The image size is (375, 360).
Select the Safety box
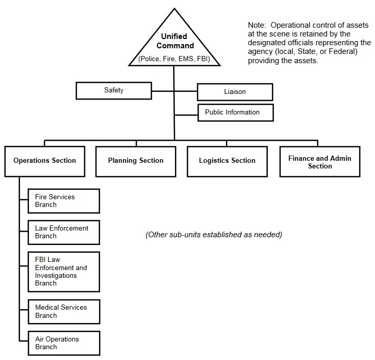(x=114, y=91)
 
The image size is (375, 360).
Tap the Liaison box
(x=235, y=92)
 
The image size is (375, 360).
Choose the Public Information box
(x=235, y=112)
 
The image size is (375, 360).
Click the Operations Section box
(x=45, y=162)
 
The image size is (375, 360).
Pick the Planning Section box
(x=136, y=162)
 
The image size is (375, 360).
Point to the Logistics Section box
(x=227, y=162)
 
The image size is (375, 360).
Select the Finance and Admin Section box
(x=320, y=162)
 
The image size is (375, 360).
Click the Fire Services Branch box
(x=64, y=201)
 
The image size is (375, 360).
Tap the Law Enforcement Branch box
(x=64, y=233)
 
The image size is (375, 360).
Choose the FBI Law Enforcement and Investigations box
(x=64, y=272)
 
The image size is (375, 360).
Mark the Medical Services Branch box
(x=64, y=312)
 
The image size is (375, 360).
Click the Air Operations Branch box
(x=64, y=343)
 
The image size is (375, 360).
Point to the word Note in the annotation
(x=257, y=25)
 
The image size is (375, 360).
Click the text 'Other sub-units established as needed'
(x=214, y=235)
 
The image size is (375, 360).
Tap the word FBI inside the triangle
(x=202, y=59)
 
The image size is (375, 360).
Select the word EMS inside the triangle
(x=186, y=59)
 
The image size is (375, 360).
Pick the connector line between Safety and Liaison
(x=174, y=91)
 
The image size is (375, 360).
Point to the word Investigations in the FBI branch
(x=56, y=275)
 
